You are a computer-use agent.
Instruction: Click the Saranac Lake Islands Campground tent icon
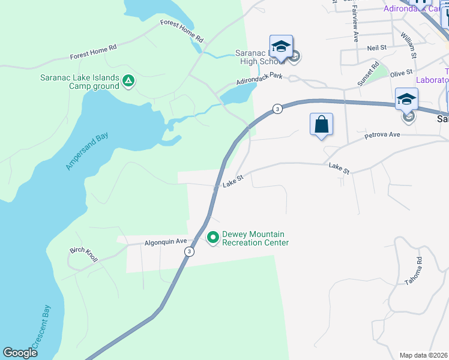127,80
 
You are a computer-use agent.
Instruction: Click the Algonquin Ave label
163,243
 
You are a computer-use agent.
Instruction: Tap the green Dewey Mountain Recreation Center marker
212,238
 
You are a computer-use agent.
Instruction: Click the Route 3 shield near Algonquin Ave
190,251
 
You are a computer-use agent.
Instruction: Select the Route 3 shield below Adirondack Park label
277,109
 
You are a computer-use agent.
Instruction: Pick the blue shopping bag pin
322,125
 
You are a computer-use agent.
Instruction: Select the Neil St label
376,47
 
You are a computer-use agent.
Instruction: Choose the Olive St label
399,73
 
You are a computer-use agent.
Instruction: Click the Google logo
20,353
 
